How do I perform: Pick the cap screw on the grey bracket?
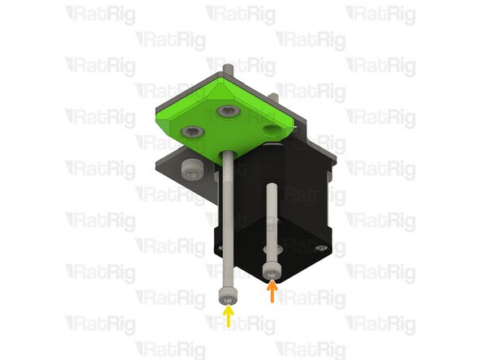(191, 169)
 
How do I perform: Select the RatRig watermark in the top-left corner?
(101, 14)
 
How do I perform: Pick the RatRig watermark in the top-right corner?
(381, 14)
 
